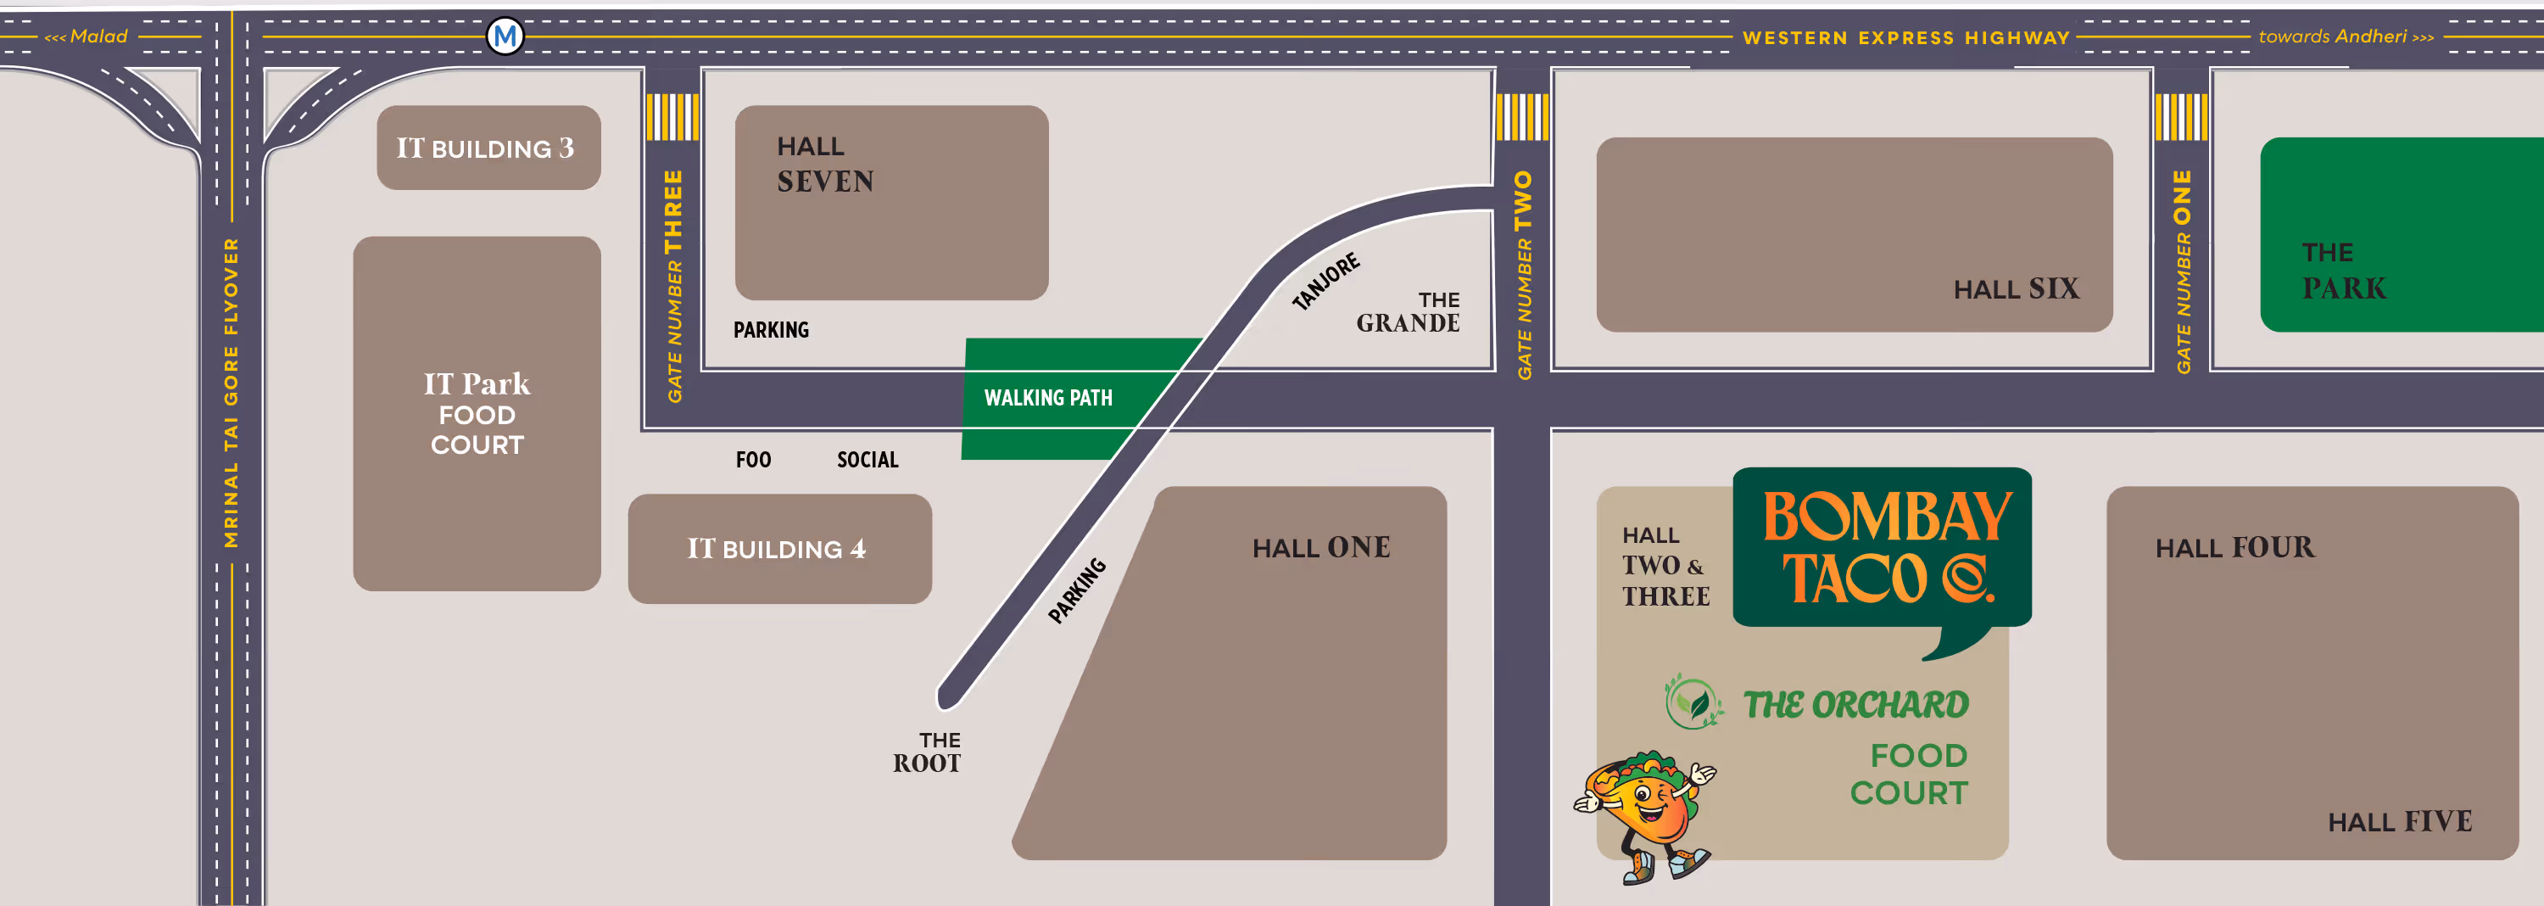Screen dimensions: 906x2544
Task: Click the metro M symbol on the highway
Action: [505, 36]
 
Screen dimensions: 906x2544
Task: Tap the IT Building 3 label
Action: [485, 148]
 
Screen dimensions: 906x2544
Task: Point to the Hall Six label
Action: [2016, 288]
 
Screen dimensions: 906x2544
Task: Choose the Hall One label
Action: [1320, 547]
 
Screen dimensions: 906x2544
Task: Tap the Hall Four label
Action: [2234, 547]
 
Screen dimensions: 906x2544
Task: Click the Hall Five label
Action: [2399, 821]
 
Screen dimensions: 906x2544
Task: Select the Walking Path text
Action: [1048, 398]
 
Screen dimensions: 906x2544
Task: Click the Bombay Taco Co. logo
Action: [1883, 548]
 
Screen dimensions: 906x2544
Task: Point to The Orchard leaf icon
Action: [1694, 702]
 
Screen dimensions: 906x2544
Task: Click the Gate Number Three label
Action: [673, 287]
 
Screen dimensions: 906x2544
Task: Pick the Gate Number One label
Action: [2183, 271]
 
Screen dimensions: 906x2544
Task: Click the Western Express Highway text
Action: [1905, 37]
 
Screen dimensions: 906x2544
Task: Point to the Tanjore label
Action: [1326, 281]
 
